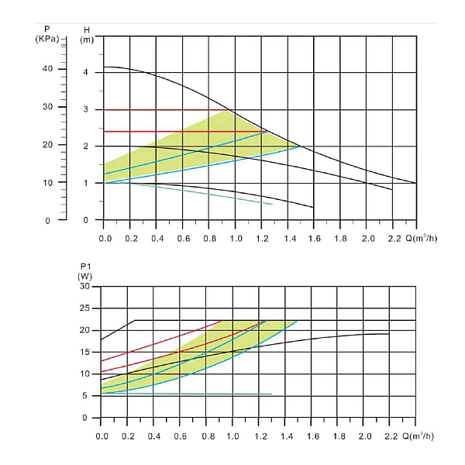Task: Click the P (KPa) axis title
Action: pyautogui.click(x=47, y=34)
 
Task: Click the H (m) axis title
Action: pyautogui.click(x=87, y=35)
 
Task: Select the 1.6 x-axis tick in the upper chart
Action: pyautogui.click(x=313, y=237)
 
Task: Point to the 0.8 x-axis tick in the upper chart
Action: pyautogui.click(x=208, y=237)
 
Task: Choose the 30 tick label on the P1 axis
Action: pyautogui.click(x=86, y=287)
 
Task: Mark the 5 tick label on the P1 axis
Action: pyautogui.click(x=88, y=396)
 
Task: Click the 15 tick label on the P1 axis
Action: pyautogui.click(x=86, y=353)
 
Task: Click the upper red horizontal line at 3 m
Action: pyautogui.click(x=163, y=110)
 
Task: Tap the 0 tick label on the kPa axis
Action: pyautogui.click(x=49, y=221)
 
